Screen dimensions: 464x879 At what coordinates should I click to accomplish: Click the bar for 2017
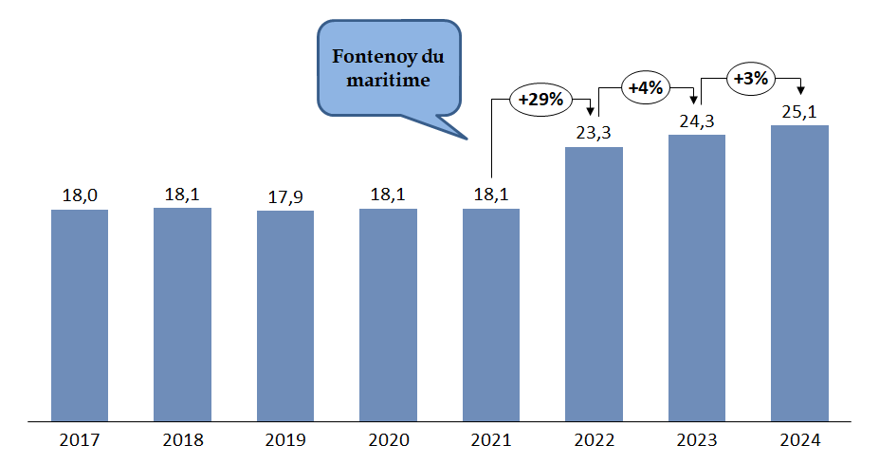coord(80,314)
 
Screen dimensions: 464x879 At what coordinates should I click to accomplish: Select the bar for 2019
coord(285,315)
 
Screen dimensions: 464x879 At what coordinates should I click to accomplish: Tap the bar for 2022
coord(594,283)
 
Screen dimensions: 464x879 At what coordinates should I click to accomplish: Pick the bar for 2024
coord(799,272)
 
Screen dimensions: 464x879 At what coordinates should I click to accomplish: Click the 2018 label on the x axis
coord(182,440)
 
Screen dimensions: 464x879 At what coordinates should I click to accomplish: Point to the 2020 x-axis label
coord(388,440)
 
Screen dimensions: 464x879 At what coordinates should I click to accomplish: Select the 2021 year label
coord(491,440)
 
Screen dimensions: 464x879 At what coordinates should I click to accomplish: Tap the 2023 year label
coord(697,440)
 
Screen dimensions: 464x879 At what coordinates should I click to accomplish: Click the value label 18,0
coord(80,195)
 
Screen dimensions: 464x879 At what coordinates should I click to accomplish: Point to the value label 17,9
coord(285,196)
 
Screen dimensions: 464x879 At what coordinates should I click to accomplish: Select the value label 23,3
coord(594,133)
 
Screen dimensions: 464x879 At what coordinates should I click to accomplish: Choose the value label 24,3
coord(697,121)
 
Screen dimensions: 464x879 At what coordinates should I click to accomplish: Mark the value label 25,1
coord(799,112)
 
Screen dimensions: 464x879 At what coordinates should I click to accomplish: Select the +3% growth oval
coord(751,79)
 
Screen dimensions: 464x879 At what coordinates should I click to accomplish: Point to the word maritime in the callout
coord(388,81)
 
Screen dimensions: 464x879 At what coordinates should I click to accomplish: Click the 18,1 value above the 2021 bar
coord(491,195)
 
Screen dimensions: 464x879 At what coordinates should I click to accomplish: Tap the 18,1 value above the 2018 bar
coord(182,195)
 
